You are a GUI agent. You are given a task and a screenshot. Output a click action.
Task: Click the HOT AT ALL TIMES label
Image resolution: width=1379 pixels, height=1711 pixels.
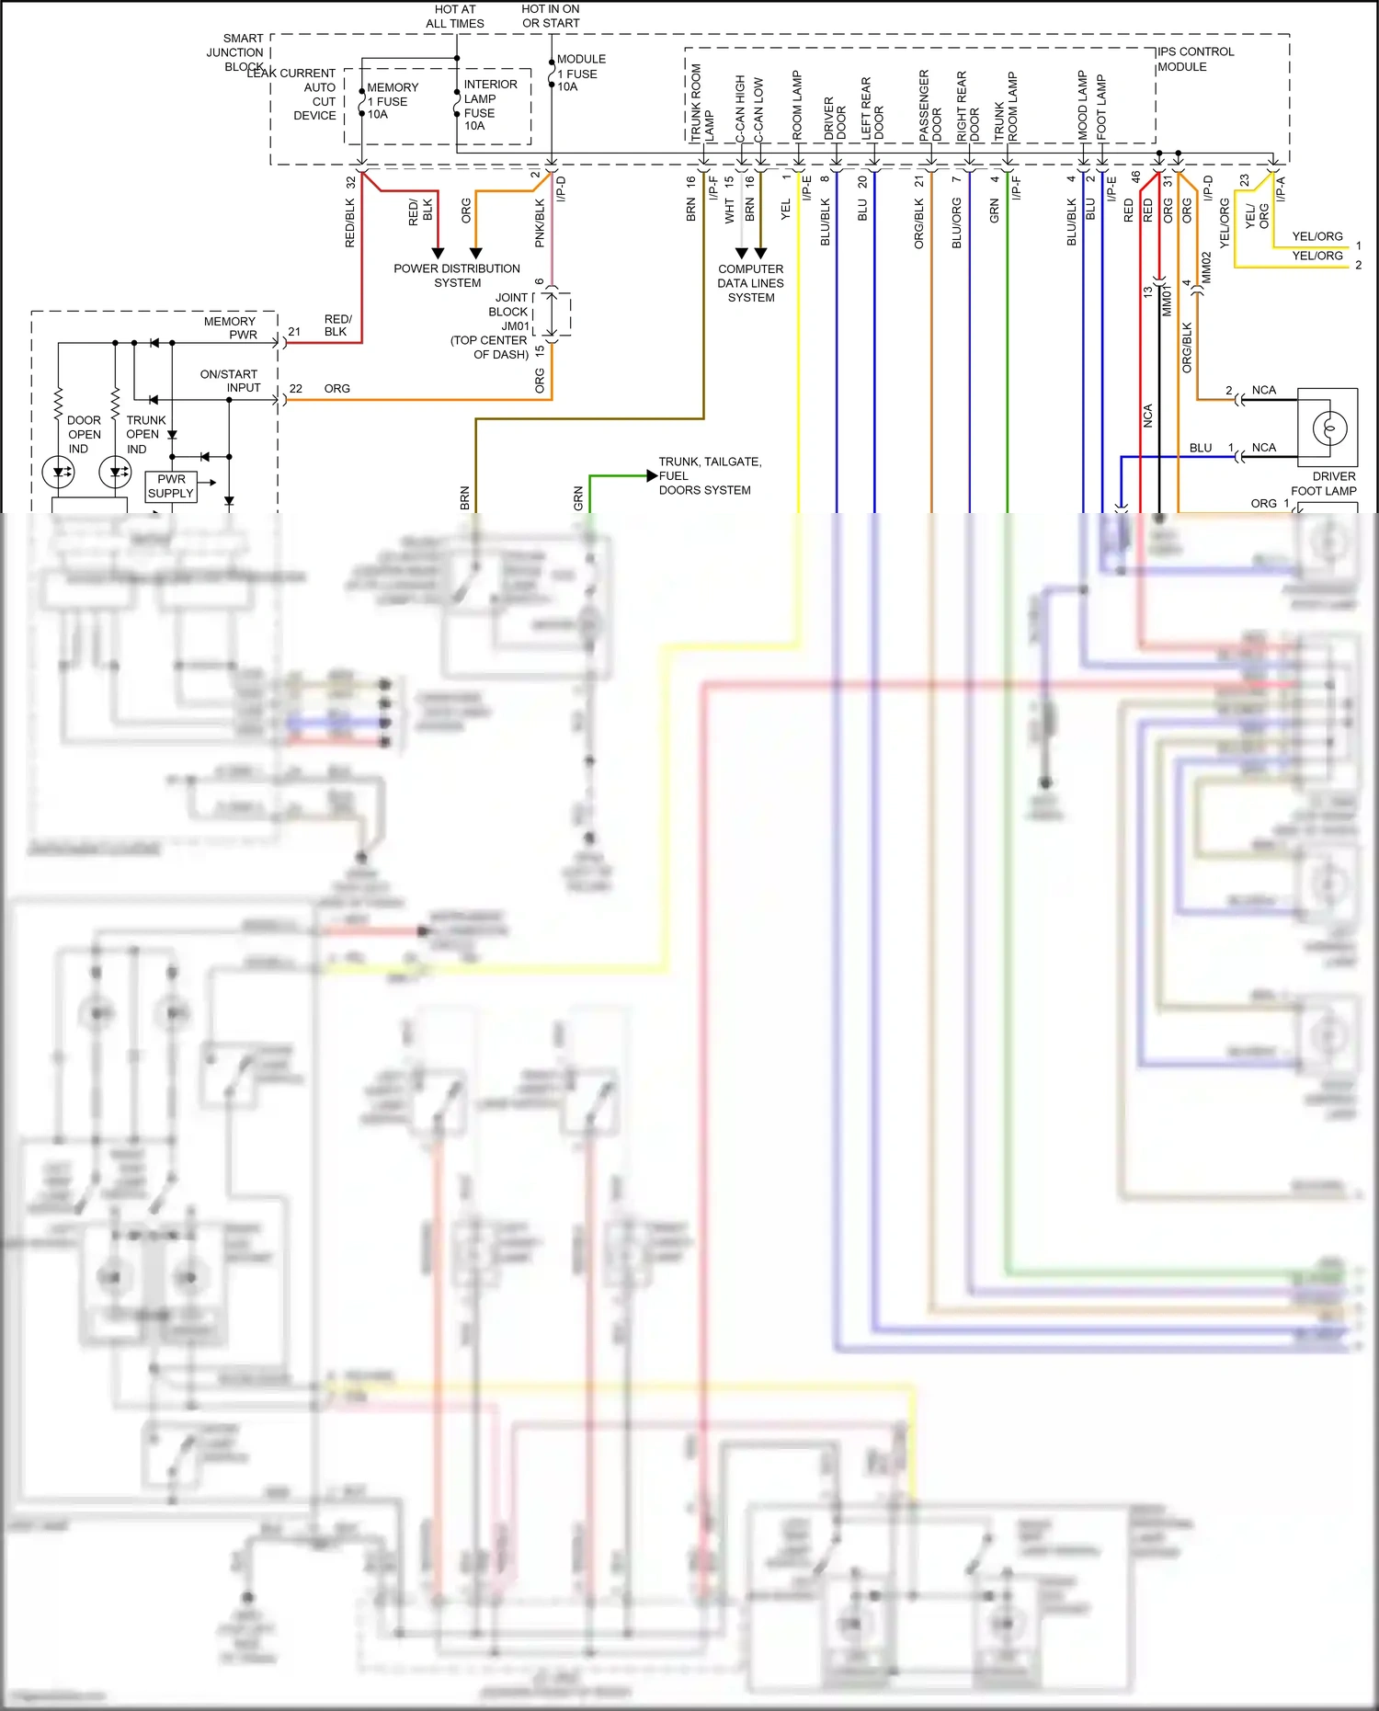click(454, 17)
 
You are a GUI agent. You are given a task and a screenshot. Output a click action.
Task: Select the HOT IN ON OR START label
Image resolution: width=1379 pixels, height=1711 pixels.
click(551, 17)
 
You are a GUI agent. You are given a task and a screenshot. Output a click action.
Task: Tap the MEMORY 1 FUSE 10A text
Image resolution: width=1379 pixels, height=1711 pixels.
click(392, 101)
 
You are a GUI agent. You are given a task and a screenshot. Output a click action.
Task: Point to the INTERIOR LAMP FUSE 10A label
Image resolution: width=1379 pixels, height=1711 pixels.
click(489, 105)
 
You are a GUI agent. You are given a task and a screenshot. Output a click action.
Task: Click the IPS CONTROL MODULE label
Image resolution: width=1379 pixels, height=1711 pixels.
click(1194, 59)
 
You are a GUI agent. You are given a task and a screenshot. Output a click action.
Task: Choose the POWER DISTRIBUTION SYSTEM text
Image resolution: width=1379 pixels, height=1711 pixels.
click(457, 276)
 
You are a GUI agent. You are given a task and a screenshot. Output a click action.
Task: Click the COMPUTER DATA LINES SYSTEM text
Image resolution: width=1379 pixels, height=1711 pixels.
click(751, 283)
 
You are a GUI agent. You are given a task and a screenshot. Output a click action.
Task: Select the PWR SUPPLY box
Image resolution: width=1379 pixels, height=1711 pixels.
click(171, 486)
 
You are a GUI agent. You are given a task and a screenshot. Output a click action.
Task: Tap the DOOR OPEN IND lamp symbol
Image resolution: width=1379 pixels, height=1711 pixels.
click(59, 473)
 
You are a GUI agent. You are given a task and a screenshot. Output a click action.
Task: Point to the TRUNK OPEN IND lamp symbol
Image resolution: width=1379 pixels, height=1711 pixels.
click(115, 473)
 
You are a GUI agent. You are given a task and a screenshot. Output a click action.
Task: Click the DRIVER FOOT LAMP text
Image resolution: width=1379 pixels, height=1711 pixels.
click(1324, 484)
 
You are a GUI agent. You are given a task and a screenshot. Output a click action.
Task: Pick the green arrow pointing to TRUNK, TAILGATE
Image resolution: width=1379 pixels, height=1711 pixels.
click(652, 475)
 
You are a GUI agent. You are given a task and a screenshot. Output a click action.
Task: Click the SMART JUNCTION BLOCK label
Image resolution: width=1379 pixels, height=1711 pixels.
click(236, 52)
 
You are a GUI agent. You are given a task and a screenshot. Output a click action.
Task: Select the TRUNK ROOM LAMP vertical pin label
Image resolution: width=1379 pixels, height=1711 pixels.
click(701, 103)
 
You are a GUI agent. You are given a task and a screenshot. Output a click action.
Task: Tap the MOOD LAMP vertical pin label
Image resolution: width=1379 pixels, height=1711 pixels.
click(1083, 105)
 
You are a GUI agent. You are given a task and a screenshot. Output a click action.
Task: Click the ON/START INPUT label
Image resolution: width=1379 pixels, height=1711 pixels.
click(230, 381)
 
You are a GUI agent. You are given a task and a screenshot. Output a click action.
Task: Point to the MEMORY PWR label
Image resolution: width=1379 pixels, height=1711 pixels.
click(231, 328)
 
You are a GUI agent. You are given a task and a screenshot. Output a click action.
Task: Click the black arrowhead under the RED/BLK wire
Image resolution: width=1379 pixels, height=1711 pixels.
click(438, 253)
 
